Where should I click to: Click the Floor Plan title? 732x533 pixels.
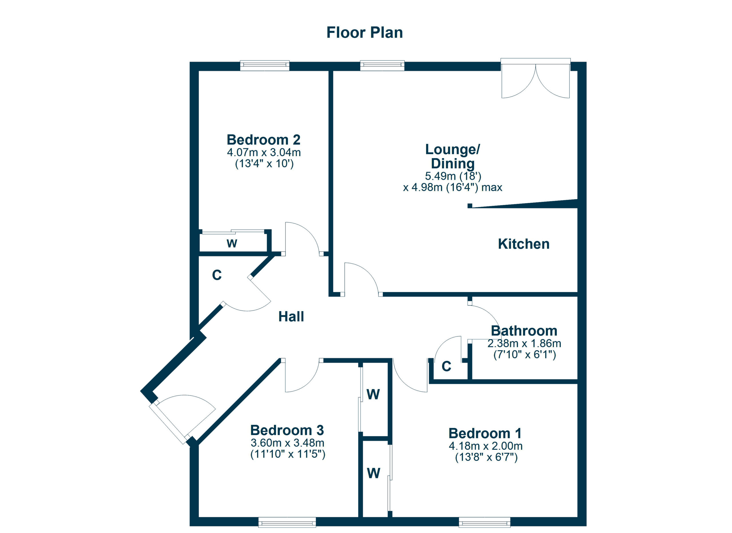click(364, 33)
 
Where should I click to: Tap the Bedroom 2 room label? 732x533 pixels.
click(263, 140)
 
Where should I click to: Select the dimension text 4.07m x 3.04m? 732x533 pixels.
click(263, 152)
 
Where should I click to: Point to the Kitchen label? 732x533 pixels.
click(523, 244)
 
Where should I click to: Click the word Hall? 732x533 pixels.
click(291, 317)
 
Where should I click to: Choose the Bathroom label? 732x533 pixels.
click(524, 331)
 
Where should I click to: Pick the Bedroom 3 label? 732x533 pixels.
click(287, 430)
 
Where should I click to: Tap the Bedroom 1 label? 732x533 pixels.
click(485, 433)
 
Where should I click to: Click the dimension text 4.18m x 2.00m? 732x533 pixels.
click(486, 446)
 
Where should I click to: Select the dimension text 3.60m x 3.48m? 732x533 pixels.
click(287, 443)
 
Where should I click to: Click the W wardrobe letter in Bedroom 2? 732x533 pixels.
click(232, 243)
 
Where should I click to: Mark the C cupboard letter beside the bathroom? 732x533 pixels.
click(446, 366)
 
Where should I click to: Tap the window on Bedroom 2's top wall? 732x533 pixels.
click(265, 66)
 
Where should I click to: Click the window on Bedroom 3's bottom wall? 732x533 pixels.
click(287, 522)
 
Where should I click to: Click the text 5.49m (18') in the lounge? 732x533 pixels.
click(453, 176)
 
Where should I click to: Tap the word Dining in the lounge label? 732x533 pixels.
click(453, 163)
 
